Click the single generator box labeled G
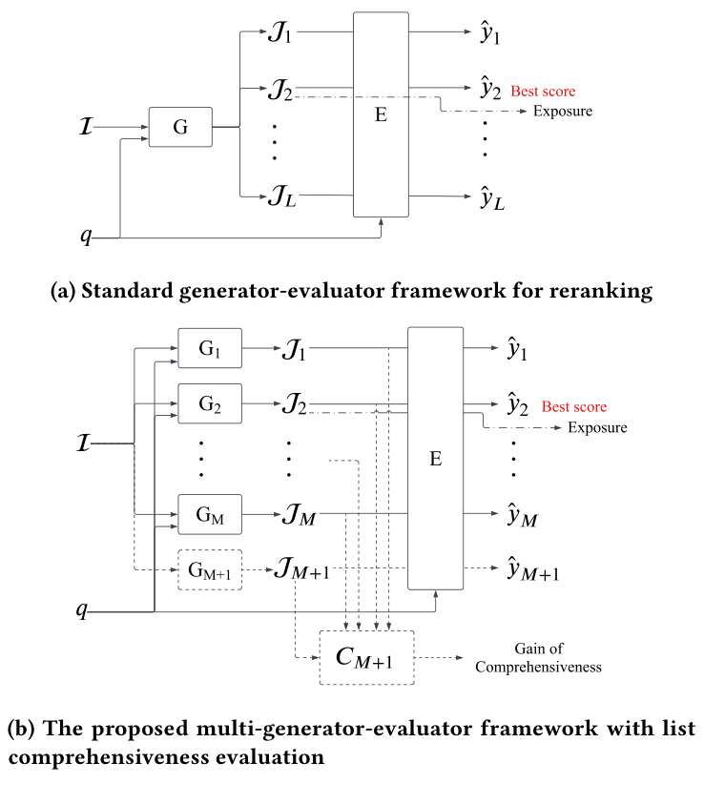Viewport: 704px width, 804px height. pyautogui.click(x=180, y=127)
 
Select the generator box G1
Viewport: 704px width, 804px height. pyautogui.click(x=210, y=349)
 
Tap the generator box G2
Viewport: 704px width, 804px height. pyautogui.click(x=210, y=403)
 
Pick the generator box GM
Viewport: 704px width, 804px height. pyautogui.click(x=210, y=515)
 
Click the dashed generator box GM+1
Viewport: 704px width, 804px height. pyautogui.click(x=210, y=570)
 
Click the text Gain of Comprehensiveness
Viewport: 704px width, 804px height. pyautogui.click(x=538, y=658)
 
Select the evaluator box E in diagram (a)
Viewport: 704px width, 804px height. pyautogui.click(x=381, y=114)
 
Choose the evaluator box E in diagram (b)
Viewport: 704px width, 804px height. pyautogui.click(x=436, y=459)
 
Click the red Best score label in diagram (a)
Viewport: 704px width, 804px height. pyautogui.click(x=543, y=92)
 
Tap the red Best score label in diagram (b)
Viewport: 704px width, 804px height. pyautogui.click(x=574, y=407)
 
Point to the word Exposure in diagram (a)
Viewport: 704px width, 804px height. pyautogui.click(x=562, y=112)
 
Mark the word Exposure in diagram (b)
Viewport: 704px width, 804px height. pyautogui.click(x=597, y=427)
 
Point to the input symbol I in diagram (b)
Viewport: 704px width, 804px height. pyautogui.click(x=85, y=443)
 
